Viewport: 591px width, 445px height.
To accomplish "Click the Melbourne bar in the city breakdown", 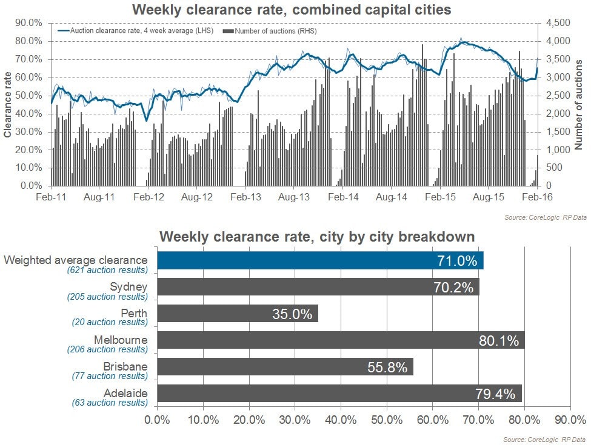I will (x=341, y=340).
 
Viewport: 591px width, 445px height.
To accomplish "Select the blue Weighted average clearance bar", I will (x=320, y=260).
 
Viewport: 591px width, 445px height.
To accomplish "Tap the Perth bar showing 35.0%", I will (x=238, y=314).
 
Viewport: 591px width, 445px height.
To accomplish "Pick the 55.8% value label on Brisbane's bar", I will (x=387, y=367).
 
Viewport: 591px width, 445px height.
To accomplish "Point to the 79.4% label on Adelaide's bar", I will (x=495, y=394).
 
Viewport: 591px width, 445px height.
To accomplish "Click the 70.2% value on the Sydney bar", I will (x=453, y=287).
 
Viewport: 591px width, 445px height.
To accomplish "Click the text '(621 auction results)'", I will (x=107, y=270).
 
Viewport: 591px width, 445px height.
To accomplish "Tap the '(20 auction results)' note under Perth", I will (x=109, y=323).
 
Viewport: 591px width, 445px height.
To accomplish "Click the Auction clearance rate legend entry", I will (x=137, y=30).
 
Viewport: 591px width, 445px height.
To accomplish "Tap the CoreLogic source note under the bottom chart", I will (x=545, y=439).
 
